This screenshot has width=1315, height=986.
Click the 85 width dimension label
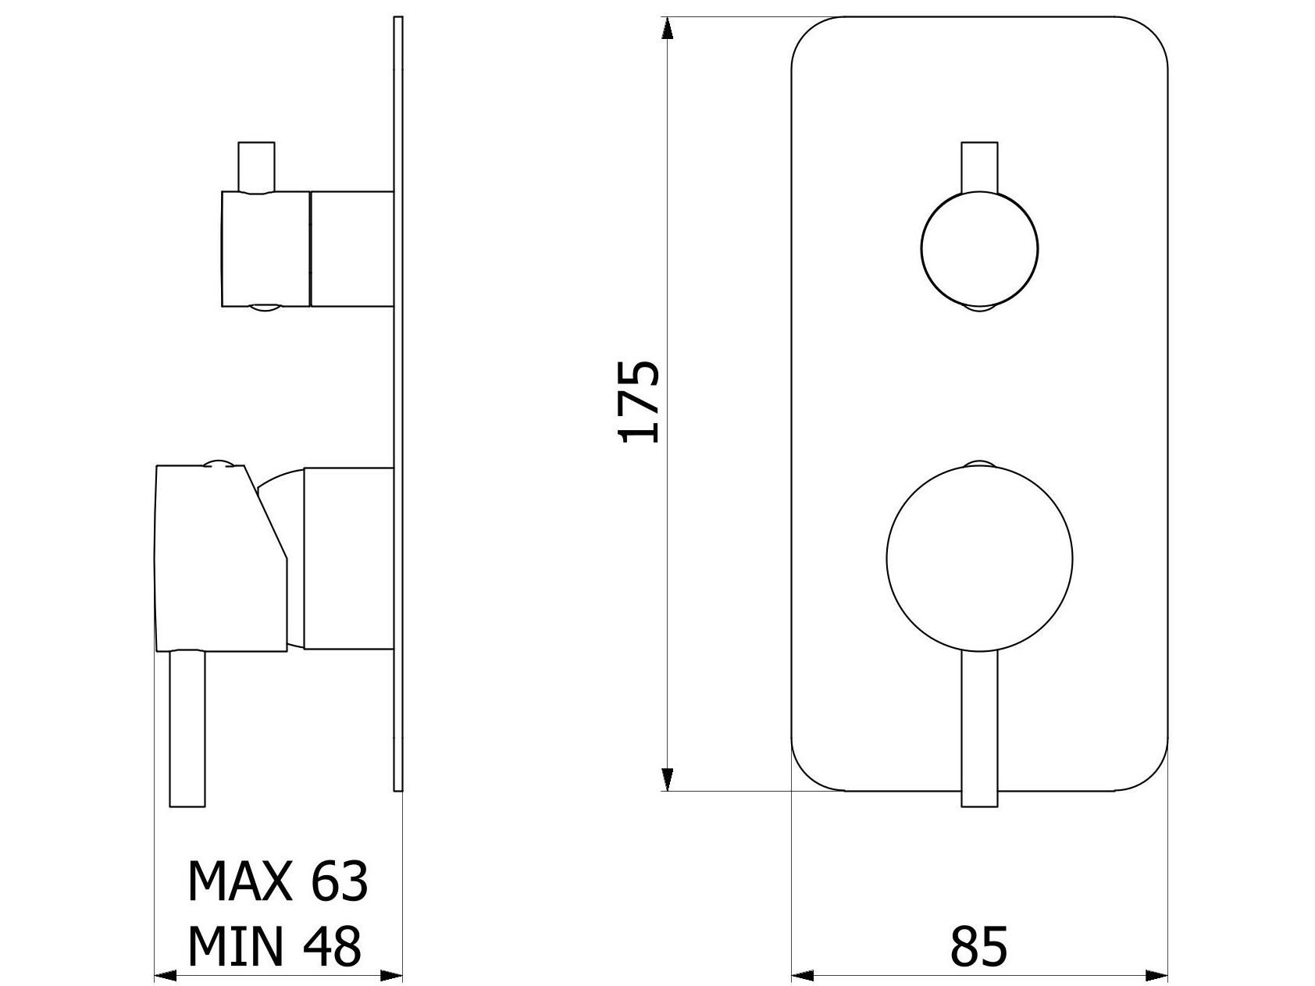(978, 947)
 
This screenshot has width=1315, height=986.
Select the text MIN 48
(274, 946)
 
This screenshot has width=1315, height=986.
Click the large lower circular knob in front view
(979, 557)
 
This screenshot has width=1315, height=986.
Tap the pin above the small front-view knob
(979, 167)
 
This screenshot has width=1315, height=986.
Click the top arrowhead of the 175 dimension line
(666, 28)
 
